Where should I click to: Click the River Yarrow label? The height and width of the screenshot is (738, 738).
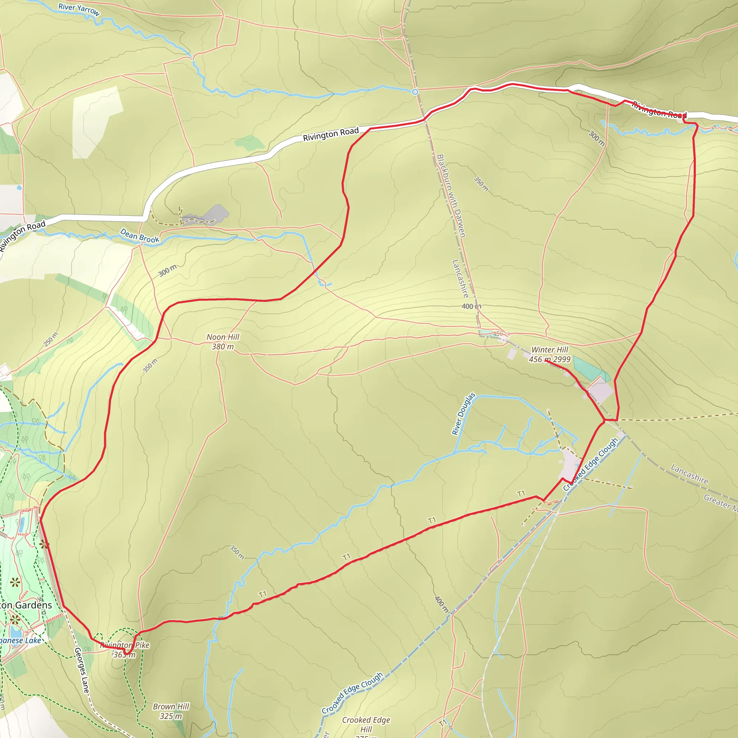coord(79,10)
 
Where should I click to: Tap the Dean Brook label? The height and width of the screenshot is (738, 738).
coord(139,236)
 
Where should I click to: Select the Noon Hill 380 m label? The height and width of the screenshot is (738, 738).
coord(223,342)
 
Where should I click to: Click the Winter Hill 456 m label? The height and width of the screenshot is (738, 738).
coord(549,355)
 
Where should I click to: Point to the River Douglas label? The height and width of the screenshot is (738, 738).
coord(463,414)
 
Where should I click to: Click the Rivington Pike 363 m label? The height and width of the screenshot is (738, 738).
coord(125,650)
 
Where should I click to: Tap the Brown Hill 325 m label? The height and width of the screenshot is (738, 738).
coord(171,711)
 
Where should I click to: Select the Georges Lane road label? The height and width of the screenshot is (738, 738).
coord(82,670)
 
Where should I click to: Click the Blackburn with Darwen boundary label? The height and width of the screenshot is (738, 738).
coord(451,196)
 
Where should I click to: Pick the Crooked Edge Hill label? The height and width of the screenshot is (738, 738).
coord(366,725)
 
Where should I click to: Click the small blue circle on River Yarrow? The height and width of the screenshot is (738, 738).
coord(415,92)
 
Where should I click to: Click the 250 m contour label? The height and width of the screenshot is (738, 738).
coord(51,339)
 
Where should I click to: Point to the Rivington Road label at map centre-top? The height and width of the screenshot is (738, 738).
coord(331,134)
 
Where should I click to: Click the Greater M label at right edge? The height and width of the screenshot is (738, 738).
coord(720,502)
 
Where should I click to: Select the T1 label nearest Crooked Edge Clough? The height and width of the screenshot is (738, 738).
coord(521,494)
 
